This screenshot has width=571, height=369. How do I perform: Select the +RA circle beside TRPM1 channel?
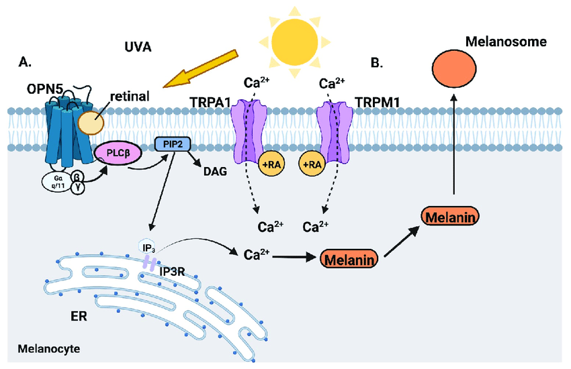coord(310,165)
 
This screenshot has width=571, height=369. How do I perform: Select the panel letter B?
coord(377,63)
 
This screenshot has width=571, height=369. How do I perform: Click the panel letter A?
coord(25,62)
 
